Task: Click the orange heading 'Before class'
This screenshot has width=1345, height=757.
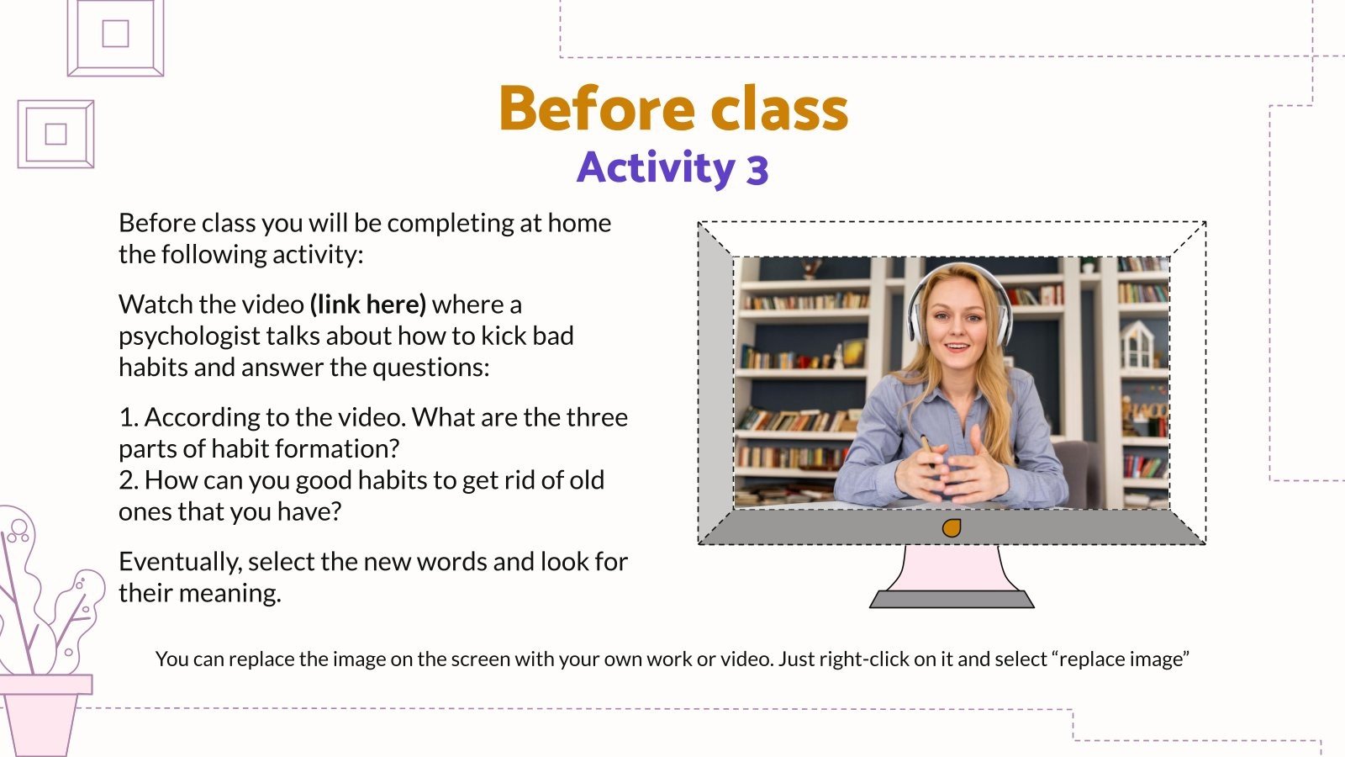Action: tap(672, 109)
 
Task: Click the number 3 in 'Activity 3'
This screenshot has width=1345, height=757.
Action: tap(757, 170)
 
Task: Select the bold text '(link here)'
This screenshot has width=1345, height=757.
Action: tap(368, 304)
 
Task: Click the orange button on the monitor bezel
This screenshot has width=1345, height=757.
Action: tap(952, 528)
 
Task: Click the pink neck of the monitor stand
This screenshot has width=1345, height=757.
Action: tap(952, 568)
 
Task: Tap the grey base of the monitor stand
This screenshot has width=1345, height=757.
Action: tap(952, 599)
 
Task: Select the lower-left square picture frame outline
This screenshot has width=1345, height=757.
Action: tap(55, 134)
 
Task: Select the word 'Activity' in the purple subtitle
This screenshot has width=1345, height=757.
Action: tap(656, 167)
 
